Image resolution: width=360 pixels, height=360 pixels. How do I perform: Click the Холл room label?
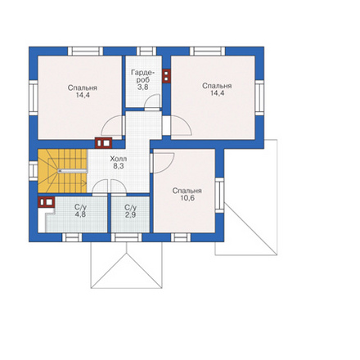coord(119,159)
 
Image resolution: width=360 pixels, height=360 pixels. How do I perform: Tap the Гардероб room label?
coord(143,76)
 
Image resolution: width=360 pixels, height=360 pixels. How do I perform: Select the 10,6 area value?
coord(187,198)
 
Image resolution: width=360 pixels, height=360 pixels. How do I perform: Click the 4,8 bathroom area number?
coord(80,214)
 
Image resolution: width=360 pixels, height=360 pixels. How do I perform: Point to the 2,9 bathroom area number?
coord(130,215)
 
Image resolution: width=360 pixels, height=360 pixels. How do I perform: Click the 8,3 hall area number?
coord(119,166)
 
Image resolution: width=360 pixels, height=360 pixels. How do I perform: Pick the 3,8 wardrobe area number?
coord(143,88)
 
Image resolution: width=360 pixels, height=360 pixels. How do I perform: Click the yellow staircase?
coord(62,171)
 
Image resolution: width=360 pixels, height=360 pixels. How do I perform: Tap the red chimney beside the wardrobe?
coord(166,75)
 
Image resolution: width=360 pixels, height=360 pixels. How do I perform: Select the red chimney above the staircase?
coord(103,142)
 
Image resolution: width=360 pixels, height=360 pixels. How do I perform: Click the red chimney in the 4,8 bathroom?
coord(46,202)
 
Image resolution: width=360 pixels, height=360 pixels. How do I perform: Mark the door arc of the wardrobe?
coord(152,101)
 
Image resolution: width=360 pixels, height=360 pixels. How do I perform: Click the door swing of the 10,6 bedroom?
coord(164,163)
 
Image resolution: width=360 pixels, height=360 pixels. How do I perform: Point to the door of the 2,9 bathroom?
coord(119,187)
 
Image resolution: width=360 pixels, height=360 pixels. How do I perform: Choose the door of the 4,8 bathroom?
coord(100,187)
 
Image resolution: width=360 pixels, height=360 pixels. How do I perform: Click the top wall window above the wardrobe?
coord(146,51)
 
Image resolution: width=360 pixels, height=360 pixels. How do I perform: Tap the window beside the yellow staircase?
coord(34,171)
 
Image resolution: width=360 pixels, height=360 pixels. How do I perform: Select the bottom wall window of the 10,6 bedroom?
coord(181,237)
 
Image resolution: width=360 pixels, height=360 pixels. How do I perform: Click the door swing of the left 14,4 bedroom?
coord(112,126)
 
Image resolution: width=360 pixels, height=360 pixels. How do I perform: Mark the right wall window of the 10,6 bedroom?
coord(219,195)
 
